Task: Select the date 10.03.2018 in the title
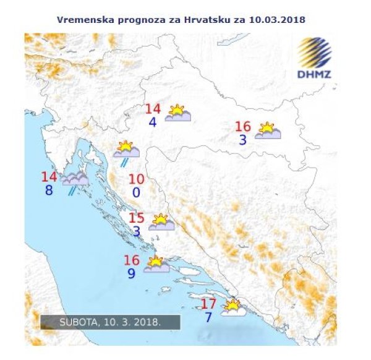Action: (x=275, y=19)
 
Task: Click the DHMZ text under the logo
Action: (x=316, y=74)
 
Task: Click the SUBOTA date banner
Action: (x=110, y=322)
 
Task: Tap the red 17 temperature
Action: (x=209, y=304)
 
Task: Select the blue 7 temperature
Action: (x=208, y=317)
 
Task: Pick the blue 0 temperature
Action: (x=136, y=193)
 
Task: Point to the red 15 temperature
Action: (x=136, y=218)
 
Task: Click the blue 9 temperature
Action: (x=131, y=272)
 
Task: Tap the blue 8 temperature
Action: (x=49, y=191)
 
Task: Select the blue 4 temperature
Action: (x=152, y=122)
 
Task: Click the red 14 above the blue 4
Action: (x=153, y=109)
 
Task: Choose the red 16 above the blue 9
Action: (x=131, y=260)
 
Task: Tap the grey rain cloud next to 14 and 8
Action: (x=74, y=179)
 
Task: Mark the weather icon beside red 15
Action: (x=161, y=223)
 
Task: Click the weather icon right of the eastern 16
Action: (x=268, y=131)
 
